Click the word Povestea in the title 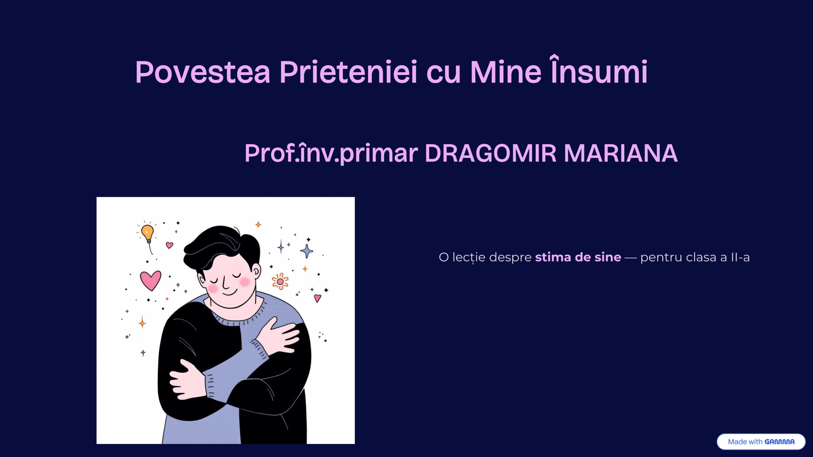point(203,72)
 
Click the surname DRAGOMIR point(490,153)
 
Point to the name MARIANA point(621,153)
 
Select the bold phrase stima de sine point(578,257)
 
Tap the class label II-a point(740,257)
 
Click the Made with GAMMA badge point(761,441)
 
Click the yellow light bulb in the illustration point(147,233)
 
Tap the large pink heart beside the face point(151,280)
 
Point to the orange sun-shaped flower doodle point(280,281)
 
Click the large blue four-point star point(307,251)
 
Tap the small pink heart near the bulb point(170,245)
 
